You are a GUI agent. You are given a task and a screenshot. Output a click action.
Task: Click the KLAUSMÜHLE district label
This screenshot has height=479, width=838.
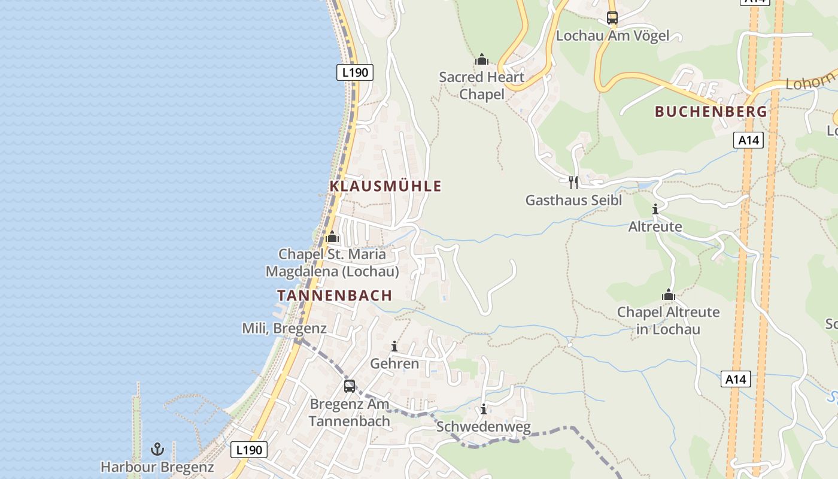point(385,186)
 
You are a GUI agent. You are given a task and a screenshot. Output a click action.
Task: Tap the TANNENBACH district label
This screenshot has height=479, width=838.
point(335,295)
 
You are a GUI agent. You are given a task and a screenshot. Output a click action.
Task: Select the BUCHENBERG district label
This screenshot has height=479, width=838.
point(711,111)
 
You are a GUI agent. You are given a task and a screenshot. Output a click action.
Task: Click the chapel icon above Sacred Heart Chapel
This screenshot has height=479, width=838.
point(482,59)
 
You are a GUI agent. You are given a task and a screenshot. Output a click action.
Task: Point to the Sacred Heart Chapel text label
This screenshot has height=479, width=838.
point(481,86)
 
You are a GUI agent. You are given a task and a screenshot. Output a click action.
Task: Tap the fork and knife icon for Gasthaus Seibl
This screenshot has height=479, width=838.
point(573,182)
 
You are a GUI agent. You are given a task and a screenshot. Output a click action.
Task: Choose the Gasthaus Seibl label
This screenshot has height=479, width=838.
point(573,201)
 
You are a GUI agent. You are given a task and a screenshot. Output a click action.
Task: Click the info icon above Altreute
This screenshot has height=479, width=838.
point(655,209)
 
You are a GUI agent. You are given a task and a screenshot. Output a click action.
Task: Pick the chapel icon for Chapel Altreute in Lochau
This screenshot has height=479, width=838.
point(669,295)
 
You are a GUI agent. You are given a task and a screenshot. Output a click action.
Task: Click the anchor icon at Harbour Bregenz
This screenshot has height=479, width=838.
point(157,448)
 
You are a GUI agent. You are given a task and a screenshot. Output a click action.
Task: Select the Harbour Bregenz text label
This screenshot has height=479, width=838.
point(157,467)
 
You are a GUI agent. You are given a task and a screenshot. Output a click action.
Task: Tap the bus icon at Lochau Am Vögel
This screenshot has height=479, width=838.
point(612,18)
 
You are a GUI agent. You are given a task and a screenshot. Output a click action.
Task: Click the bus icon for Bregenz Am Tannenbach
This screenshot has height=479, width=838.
point(350,386)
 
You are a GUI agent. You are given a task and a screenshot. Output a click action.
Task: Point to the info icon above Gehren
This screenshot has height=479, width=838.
point(394,346)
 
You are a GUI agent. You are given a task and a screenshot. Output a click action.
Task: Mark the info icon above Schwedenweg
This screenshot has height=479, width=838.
point(484,410)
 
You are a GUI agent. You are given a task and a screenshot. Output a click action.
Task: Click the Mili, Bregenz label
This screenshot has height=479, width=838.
point(284,328)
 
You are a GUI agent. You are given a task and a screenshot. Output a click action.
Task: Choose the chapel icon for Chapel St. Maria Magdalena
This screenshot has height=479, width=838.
point(332,237)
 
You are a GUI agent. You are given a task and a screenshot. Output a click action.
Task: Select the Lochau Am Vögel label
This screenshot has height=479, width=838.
point(612,36)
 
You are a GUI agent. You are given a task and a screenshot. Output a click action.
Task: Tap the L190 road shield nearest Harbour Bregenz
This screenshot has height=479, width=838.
point(249,450)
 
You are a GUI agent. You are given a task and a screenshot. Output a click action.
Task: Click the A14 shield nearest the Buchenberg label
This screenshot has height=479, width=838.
point(749,140)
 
